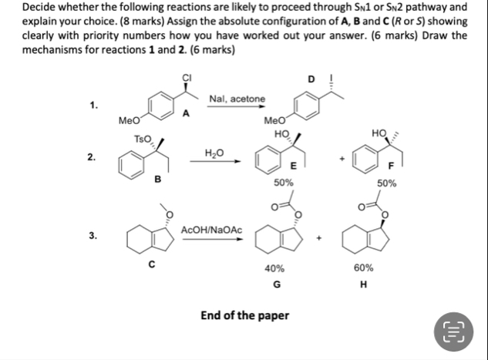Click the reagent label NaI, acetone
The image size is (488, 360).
point(237,99)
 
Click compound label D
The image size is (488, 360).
point(311,79)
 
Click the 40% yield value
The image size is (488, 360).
point(274,268)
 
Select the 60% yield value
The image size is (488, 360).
point(364,268)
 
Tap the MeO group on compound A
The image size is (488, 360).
point(129,120)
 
